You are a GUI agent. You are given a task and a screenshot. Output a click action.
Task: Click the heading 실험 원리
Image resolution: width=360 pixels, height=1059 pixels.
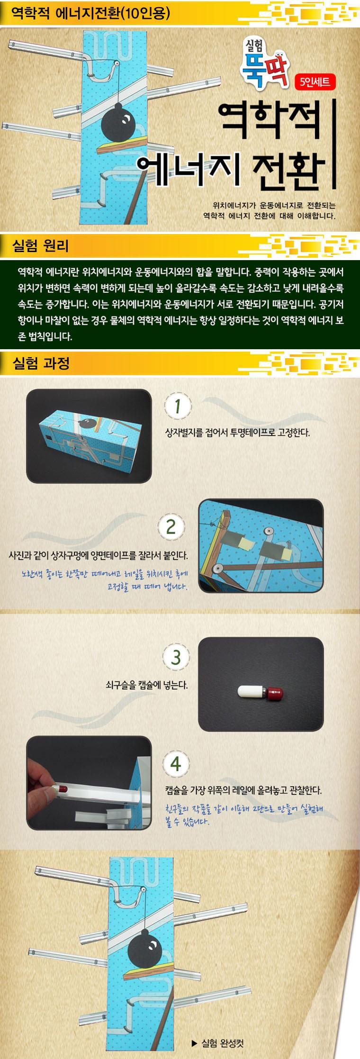point(42,246)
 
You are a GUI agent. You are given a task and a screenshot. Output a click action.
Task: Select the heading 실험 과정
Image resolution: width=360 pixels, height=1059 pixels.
point(43,363)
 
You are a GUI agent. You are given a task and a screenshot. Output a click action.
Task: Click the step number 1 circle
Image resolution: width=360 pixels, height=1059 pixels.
point(177,407)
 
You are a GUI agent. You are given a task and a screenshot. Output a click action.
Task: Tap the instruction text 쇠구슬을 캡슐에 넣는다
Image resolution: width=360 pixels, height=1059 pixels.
point(147,685)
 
